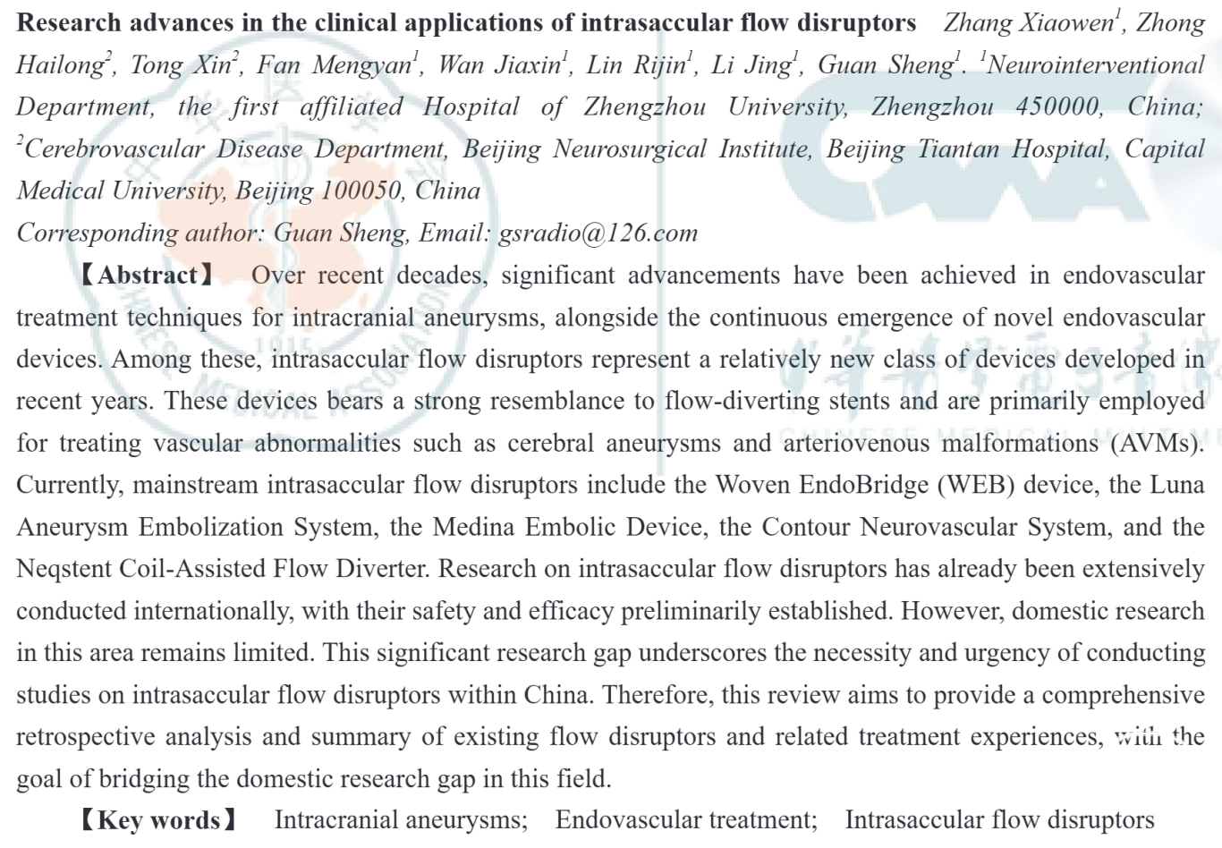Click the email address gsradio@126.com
[x=598, y=233]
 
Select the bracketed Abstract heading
[x=148, y=276]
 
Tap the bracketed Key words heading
[x=158, y=820]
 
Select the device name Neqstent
[x=64, y=569]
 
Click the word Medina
[x=473, y=527]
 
